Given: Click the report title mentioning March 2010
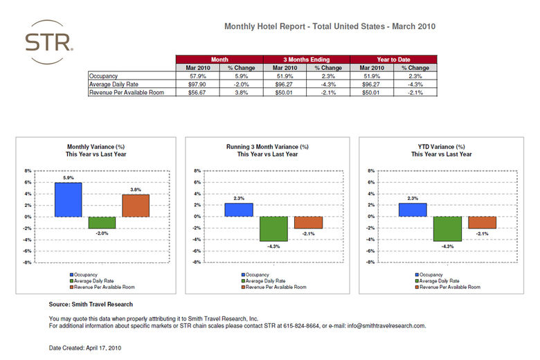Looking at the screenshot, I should (330, 26).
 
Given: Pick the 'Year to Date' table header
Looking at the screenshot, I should (394, 60).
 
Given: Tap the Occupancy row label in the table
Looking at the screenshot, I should (104, 75).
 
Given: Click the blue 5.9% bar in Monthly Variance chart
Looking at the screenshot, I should (69, 199).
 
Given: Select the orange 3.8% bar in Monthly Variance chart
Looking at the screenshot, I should (136, 206).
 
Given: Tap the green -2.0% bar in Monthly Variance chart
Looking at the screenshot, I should (102, 222).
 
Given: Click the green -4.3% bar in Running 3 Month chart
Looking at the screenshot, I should (273, 228).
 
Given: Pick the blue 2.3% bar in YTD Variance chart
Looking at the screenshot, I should (413, 210).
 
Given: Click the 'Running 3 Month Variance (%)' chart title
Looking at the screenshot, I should (267, 147).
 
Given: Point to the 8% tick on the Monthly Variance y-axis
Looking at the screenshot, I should (28, 170).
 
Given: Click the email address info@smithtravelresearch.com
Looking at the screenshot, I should (386, 325).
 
